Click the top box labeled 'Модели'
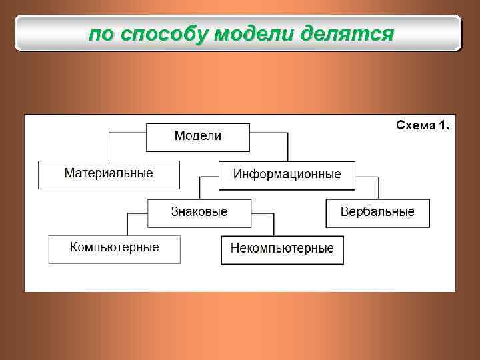point(198,137)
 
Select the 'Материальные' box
point(109,174)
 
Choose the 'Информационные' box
point(287,175)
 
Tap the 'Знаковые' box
point(199,212)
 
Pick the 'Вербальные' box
point(377,212)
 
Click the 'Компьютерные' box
point(114,248)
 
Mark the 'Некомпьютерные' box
point(282,249)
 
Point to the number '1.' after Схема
point(445,125)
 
